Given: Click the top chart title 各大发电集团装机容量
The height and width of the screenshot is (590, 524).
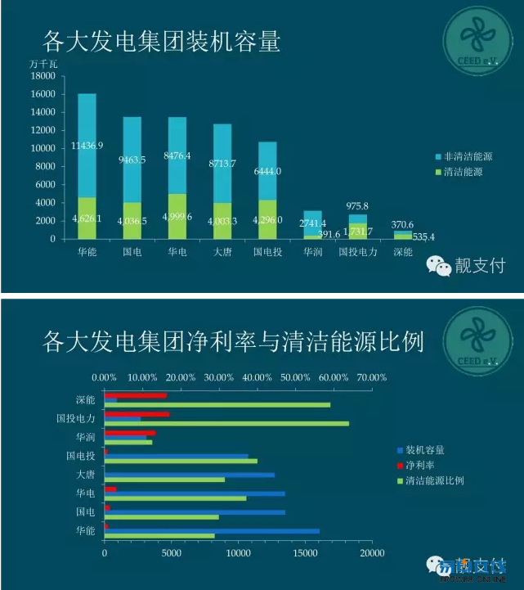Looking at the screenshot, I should point(160,41).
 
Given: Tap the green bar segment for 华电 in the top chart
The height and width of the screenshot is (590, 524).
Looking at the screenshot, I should point(177,216).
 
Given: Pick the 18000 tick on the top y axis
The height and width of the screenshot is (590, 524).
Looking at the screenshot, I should point(43,76).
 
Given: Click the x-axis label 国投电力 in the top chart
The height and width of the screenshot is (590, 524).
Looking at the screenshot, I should point(358,252).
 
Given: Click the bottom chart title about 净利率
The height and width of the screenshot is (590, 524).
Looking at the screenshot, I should point(232,340).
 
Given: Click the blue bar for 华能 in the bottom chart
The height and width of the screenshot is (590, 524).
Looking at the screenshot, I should point(212,531).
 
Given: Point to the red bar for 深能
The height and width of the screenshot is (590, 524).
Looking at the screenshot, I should point(135,395).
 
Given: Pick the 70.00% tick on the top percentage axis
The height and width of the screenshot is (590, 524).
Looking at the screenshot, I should point(371,377).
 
